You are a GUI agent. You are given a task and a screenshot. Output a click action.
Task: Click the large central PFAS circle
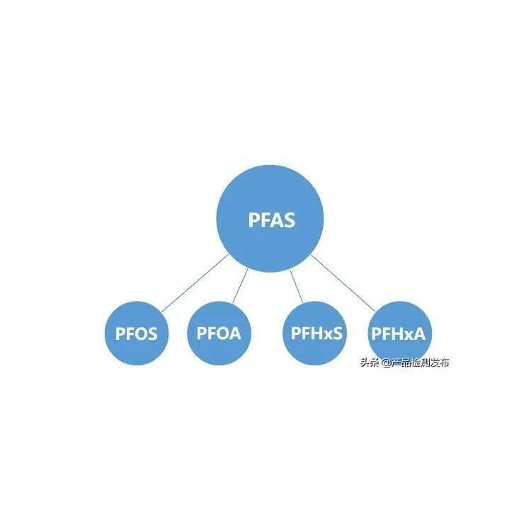pos(270,219)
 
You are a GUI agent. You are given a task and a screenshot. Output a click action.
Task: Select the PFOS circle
pos(137,333)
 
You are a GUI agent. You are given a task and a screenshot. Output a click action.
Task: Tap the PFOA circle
pos(219,333)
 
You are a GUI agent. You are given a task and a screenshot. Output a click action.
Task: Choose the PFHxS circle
pos(314,333)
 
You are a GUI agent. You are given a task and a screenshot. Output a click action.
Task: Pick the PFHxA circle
pos(399,333)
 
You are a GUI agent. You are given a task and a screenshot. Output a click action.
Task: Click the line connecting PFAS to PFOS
pos(195,283)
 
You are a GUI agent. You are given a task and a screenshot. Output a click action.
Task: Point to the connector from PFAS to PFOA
pos(240,286)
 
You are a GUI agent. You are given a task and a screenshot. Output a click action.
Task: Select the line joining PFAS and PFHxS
pos(297,287)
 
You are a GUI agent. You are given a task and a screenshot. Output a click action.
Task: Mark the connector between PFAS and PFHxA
pos(343,283)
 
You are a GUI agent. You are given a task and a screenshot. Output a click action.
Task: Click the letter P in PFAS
pos(254,219)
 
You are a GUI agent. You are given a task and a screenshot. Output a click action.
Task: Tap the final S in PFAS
pos(289,219)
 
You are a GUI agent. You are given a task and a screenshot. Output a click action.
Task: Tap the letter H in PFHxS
pos(315,333)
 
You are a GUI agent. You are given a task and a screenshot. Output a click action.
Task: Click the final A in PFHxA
pos(419,333)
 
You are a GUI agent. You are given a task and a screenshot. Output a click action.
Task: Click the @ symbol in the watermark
pos(387,363)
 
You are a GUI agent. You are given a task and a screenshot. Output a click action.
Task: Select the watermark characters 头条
pos(370,362)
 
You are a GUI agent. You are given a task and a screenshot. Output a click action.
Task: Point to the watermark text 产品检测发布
pos(421,362)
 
